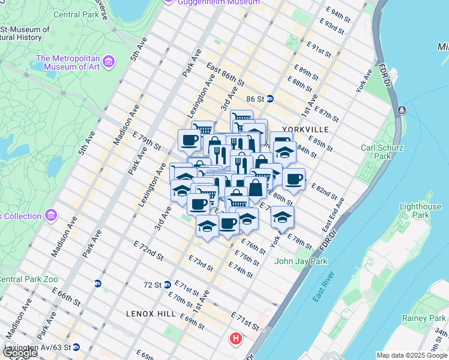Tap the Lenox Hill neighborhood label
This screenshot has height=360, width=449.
click(x=151, y=314)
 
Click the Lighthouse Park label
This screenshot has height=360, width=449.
click(x=421, y=211)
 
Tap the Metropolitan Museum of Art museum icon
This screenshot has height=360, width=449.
click(x=109, y=61)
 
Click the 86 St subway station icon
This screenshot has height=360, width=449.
click(x=271, y=99)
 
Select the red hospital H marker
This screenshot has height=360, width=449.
click(x=236, y=338)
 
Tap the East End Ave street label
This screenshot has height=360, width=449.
click(x=333, y=215)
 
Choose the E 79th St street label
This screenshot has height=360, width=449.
click(x=146, y=140)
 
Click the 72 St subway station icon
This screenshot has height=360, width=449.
click(x=167, y=284)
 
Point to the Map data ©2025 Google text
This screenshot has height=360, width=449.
click(x=412, y=355)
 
